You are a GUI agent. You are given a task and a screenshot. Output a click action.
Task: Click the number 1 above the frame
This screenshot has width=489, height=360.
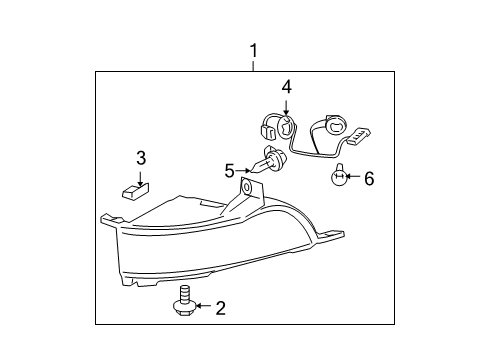254,49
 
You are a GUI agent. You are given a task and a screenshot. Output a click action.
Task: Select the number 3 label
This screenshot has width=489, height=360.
141,157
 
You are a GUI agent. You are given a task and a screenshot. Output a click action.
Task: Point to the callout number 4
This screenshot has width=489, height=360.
286,88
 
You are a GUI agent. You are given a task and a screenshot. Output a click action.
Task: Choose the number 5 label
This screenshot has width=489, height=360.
229,169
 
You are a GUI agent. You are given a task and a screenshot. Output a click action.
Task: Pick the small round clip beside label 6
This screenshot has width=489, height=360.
339,177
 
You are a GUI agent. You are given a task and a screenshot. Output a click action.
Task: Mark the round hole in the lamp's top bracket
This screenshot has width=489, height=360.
247,188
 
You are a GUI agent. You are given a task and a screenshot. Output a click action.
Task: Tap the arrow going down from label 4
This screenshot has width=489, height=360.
286,107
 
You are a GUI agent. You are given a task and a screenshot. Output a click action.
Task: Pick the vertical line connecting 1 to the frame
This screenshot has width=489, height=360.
254,64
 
